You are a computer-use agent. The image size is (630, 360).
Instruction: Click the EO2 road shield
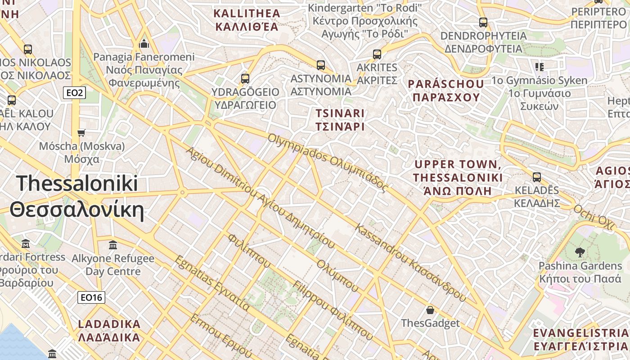pos(74,93)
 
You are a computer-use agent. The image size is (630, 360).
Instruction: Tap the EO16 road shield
pos(91,297)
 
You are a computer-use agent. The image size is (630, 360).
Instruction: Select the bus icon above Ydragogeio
pos(245,79)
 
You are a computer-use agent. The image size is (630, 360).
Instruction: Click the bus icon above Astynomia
pos(320,65)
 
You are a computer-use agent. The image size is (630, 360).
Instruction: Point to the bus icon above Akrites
pos(377,54)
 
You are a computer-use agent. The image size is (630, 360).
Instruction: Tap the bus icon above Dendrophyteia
pos(483,22)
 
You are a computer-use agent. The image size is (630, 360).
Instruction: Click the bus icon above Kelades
pos(536,177)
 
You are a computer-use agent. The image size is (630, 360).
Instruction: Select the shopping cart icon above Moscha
pos(81,133)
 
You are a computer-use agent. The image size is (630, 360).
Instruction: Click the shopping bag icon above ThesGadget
pos(430,310)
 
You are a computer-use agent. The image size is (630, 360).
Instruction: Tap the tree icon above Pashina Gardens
pos(580,252)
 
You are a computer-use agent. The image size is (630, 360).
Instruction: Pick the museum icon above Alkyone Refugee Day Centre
pos(113,245)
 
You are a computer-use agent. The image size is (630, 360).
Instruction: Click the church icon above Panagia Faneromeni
pos(144,44)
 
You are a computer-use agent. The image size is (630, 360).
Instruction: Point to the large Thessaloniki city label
pos(77,197)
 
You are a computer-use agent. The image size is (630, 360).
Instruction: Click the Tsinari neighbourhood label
pos(340,120)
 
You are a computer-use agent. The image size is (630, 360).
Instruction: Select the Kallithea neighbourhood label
pos(247,20)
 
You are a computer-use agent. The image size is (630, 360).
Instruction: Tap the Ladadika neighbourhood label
pos(109,330)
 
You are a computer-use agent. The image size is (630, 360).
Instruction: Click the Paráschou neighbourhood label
pos(445,90)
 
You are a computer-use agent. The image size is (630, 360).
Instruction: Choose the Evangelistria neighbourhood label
pos(580,339)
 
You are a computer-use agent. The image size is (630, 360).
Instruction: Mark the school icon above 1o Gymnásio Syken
pos(540,67)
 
